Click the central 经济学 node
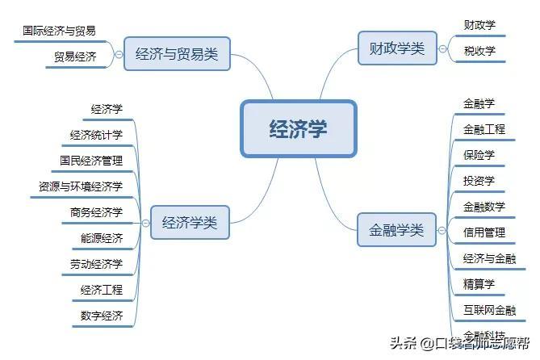(298, 128)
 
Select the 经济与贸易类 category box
(177, 55)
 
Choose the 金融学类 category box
(396, 230)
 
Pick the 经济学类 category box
(190, 223)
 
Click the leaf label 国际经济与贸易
(60, 31)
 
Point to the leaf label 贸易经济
(75, 57)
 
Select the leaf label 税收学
(479, 51)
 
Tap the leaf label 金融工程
(484, 129)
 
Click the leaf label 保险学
(479, 155)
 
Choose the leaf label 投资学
(479, 181)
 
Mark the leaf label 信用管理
(484, 232)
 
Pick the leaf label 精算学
(479, 284)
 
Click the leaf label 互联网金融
(489, 310)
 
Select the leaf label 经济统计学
(96, 135)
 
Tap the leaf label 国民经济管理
(91, 161)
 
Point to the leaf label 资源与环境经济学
(81, 186)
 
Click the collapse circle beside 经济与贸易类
(119, 55)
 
